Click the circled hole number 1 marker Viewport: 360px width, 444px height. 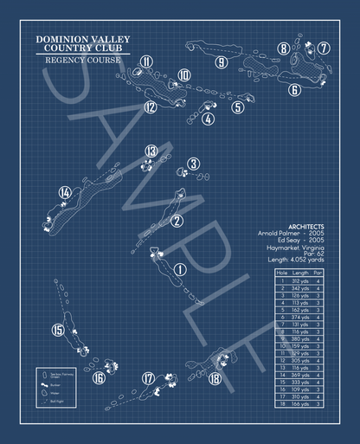point(180,269)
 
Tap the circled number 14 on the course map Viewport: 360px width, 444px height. point(64,192)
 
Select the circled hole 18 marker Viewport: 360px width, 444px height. point(215,377)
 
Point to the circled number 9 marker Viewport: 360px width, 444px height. point(222,62)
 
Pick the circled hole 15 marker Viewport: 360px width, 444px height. point(58,329)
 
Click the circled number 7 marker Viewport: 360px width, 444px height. point(323,48)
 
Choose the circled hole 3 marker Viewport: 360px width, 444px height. point(193,164)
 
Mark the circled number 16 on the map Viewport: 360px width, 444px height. point(100,377)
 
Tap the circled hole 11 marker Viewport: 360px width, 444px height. point(147,61)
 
